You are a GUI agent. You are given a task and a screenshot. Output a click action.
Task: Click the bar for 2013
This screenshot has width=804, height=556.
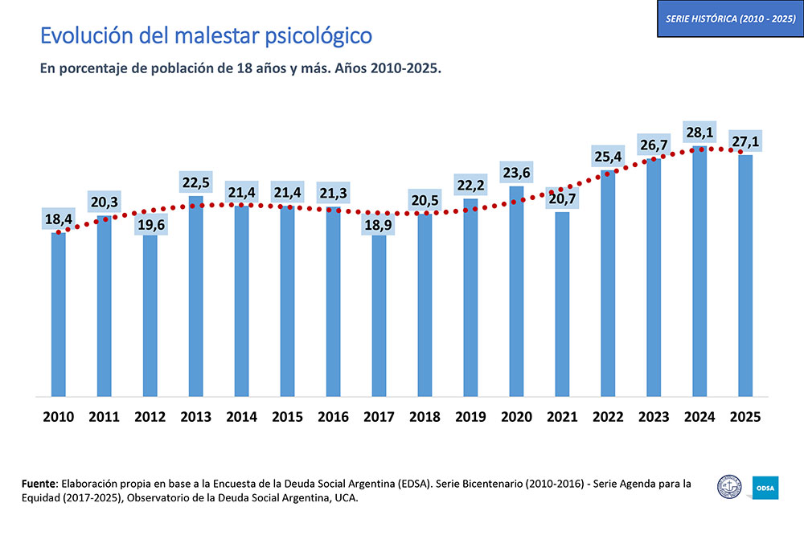pyautogui.click(x=195, y=297)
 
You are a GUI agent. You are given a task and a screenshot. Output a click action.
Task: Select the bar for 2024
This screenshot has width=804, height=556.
pyautogui.click(x=699, y=273)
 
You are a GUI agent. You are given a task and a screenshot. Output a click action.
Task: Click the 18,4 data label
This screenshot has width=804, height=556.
pyautogui.click(x=58, y=219)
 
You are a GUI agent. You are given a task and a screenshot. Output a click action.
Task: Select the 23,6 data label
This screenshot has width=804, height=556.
pyautogui.click(x=516, y=172)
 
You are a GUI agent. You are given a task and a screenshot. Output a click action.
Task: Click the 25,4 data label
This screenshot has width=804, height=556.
pyautogui.click(x=608, y=156)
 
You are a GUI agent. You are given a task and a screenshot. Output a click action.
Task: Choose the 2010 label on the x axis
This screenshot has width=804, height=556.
pyautogui.click(x=58, y=417)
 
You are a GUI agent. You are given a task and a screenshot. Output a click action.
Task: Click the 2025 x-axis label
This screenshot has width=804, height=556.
pyautogui.click(x=745, y=417)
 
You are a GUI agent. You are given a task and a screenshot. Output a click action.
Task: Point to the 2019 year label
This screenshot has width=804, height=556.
pyautogui.click(x=470, y=417)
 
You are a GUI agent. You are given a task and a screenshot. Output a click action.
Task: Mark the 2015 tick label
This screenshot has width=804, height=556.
pyautogui.click(x=287, y=417)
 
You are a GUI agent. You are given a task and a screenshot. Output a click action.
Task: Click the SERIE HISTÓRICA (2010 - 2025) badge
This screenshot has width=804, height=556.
pyautogui.click(x=730, y=18)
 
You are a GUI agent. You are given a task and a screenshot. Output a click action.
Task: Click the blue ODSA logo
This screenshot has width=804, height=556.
pyautogui.click(x=765, y=488)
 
